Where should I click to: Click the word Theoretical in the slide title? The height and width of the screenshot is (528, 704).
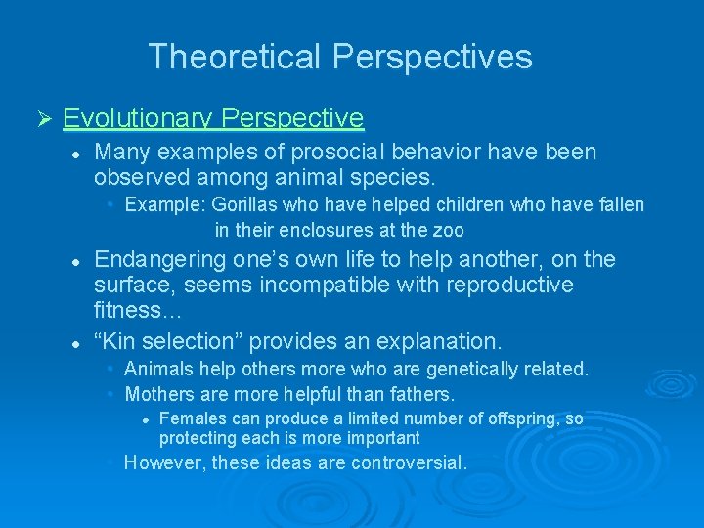(x=236, y=56)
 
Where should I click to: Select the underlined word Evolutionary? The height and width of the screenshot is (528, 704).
(x=138, y=119)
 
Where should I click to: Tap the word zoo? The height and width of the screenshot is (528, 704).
(x=449, y=231)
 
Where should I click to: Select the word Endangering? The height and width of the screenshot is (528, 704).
(x=160, y=259)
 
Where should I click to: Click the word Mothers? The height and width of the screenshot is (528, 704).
(x=161, y=394)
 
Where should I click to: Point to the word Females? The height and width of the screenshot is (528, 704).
(x=192, y=418)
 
